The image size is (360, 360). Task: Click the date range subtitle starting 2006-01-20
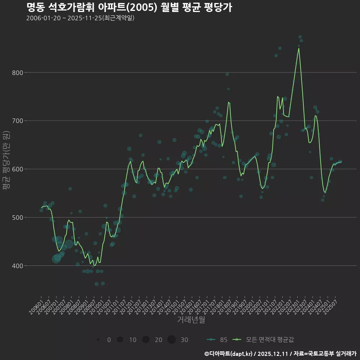coord(80,18)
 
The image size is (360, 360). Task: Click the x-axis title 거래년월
coord(191,320)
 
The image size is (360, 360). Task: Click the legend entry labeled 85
coord(217,340)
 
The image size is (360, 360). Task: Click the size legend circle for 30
coord(171,340)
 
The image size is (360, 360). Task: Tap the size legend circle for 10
coord(120,340)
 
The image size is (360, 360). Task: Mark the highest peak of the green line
coord(298,48)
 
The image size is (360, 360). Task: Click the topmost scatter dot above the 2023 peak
coord(300,37)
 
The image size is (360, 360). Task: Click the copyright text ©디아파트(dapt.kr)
coord(229,353)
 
